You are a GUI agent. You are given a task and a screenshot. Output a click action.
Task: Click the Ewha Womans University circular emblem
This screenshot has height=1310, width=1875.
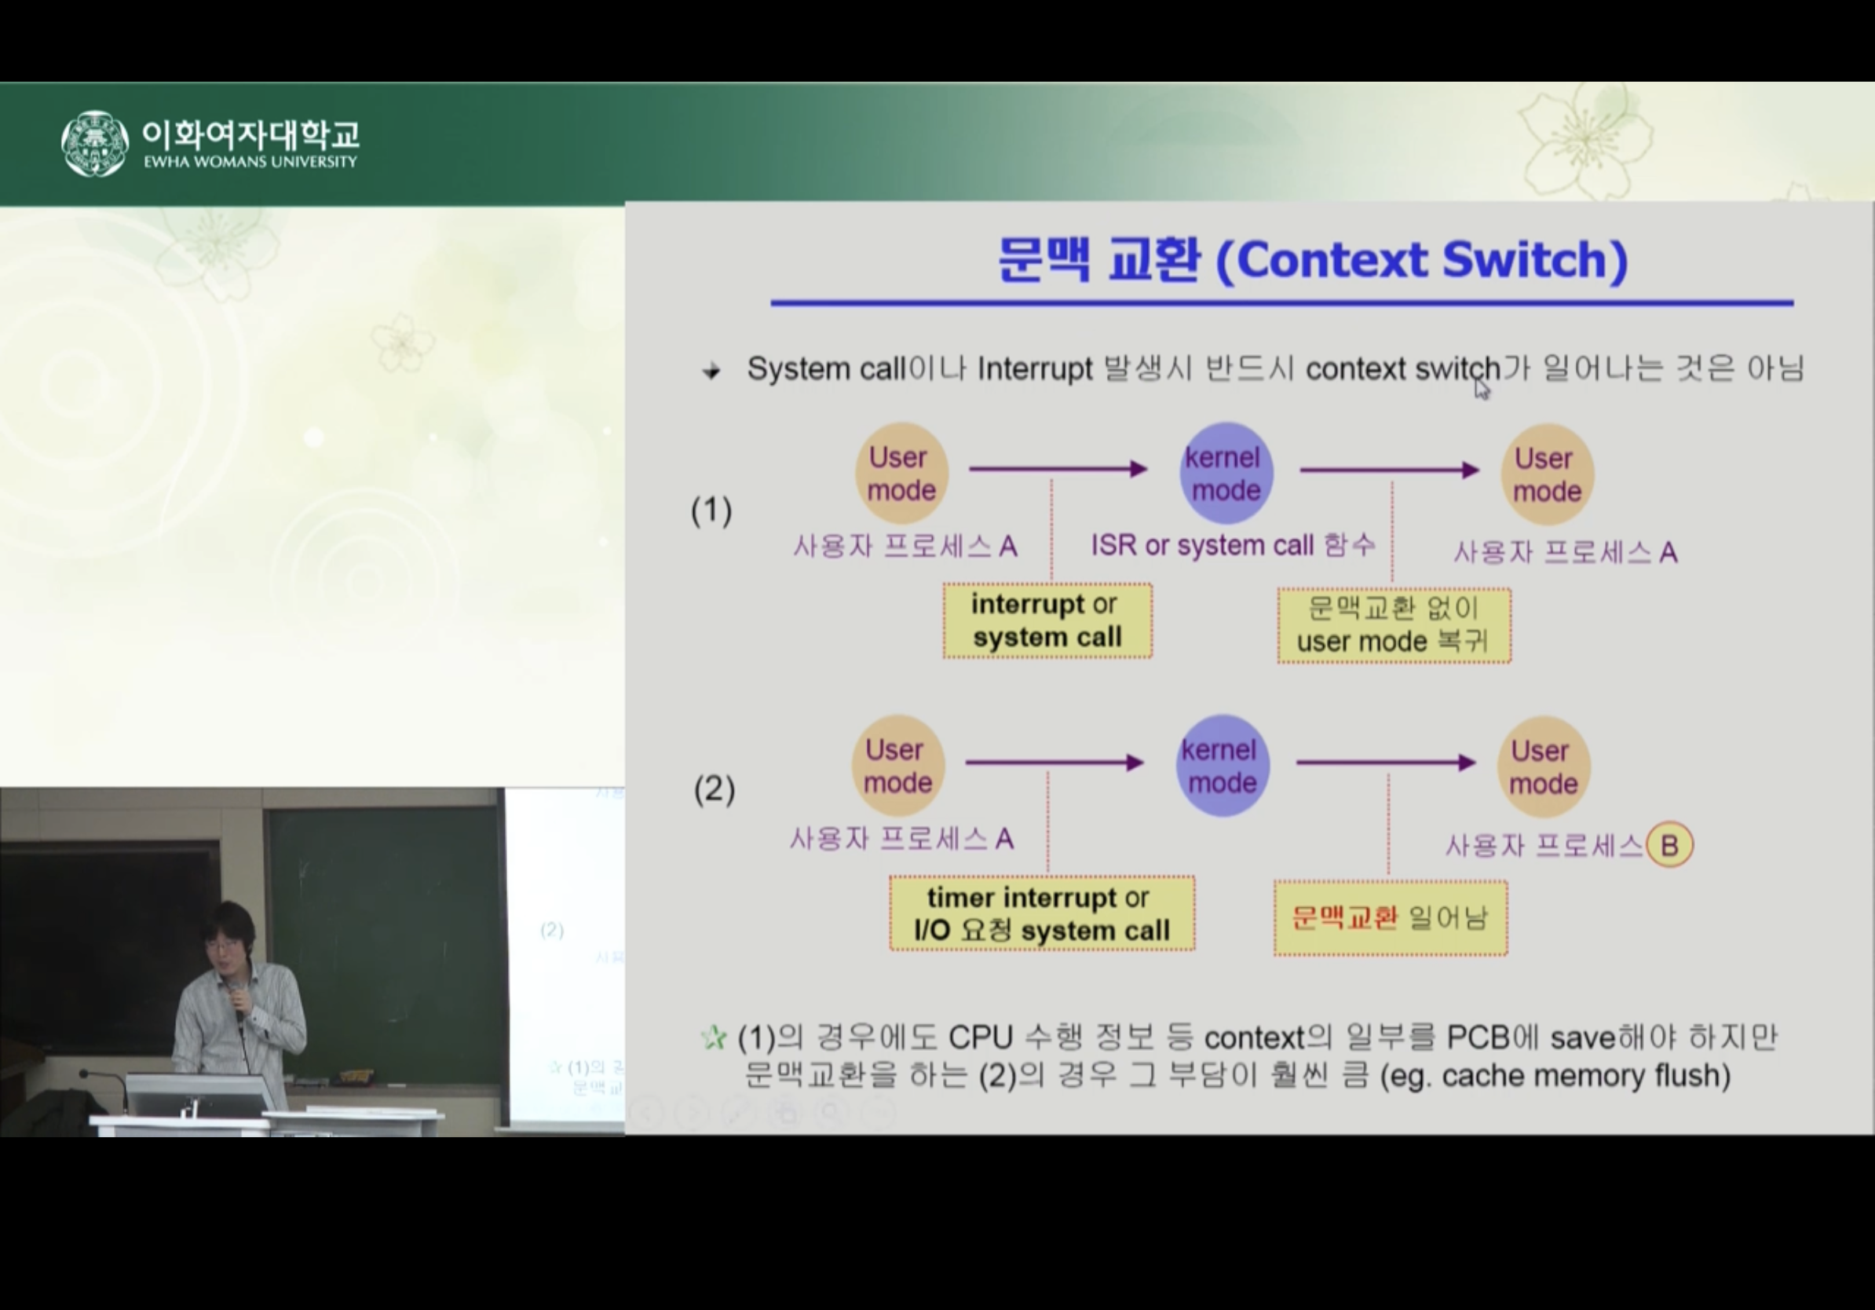pyautogui.click(x=95, y=143)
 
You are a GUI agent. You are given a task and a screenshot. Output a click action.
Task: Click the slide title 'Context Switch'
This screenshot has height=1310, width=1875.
pyautogui.click(x=1312, y=260)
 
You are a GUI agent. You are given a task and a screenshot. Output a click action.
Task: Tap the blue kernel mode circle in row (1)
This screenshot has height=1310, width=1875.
pyautogui.click(x=1226, y=474)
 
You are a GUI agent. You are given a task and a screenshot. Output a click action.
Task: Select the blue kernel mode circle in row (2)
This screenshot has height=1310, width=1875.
pyautogui.click(x=1222, y=766)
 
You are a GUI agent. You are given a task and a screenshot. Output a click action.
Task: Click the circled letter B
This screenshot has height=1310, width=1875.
pyautogui.click(x=1669, y=844)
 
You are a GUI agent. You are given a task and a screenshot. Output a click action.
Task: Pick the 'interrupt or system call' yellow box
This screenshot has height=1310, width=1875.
pyautogui.click(x=1047, y=620)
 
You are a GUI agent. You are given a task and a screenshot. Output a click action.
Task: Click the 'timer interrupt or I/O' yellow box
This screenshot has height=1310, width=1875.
pyautogui.click(x=1041, y=914)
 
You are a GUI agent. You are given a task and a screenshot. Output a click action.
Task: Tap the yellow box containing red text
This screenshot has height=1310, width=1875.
pyautogui.click(x=1390, y=918)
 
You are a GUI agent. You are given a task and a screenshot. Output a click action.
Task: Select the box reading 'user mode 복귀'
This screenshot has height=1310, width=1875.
pyautogui.click(x=1394, y=626)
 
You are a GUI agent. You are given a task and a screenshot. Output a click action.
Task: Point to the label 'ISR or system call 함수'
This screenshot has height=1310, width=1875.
pyautogui.click(x=1232, y=546)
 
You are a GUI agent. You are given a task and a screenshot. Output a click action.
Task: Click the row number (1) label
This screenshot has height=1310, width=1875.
pyautogui.click(x=711, y=511)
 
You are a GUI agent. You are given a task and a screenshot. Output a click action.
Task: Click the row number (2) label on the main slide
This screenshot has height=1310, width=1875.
pyautogui.click(x=714, y=790)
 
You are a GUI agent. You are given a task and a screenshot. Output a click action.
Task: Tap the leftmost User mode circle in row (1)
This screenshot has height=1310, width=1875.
pyautogui.click(x=901, y=474)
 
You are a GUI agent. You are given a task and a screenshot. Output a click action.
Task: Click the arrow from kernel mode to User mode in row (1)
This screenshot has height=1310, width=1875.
pyautogui.click(x=1389, y=470)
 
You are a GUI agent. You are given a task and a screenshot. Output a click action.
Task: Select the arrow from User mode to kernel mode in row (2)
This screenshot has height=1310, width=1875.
pyautogui.click(x=1054, y=763)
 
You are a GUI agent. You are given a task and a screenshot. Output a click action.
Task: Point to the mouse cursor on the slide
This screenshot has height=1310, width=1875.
pyautogui.click(x=1482, y=390)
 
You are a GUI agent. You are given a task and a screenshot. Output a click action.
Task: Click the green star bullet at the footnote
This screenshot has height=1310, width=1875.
pyautogui.click(x=713, y=1038)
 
